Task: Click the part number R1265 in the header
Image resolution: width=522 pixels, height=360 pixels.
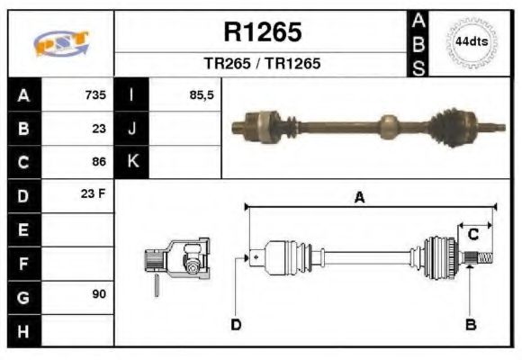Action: tap(262, 32)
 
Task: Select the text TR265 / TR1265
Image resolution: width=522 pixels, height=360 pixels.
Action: tap(262, 65)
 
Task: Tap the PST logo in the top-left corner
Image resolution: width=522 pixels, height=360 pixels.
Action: tap(61, 43)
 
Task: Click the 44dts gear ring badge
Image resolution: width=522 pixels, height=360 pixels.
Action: tap(472, 42)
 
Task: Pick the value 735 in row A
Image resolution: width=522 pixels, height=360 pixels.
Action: tap(95, 95)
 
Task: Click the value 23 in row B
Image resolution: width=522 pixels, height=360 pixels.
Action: tap(99, 129)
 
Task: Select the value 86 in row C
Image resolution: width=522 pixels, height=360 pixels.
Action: tap(99, 162)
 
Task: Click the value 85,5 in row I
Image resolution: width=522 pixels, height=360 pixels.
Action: tap(202, 95)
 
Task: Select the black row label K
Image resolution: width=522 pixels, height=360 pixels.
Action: tap(132, 162)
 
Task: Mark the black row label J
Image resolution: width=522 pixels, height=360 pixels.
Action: tap(132, 129)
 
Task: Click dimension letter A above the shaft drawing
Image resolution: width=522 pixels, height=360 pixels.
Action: tap(359, 199)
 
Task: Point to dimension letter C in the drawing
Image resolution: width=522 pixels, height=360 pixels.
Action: tap(472, 234)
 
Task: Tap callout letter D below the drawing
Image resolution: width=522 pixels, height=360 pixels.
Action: tap(236, 324)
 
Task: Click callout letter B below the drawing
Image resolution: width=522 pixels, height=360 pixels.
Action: tap(469, 324)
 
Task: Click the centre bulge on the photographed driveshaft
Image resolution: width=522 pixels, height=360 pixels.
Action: tap(388, 126)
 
